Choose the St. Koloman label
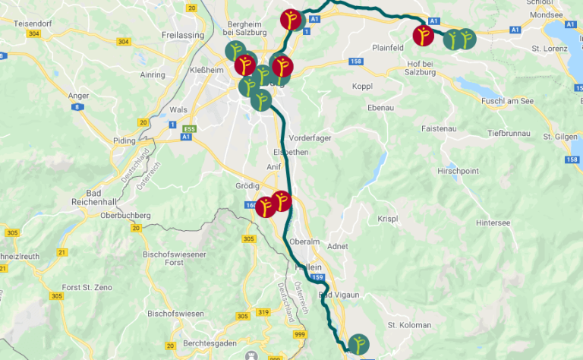click(x=409, y=325)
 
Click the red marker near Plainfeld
click(x=424, y=35)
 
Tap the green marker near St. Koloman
click(x=357, y=345)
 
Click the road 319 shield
click(x=263, y=312)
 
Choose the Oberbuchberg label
click(x=126, y=216)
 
